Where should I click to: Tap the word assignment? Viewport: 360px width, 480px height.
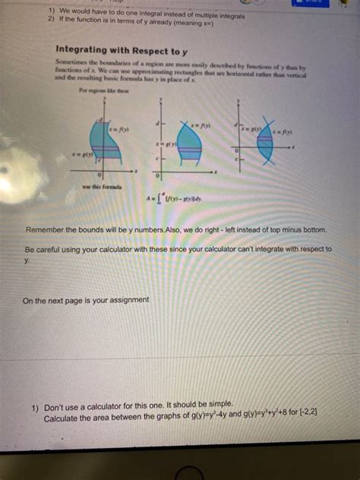click(129, 300)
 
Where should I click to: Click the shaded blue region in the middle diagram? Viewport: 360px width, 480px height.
click(188, 148)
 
